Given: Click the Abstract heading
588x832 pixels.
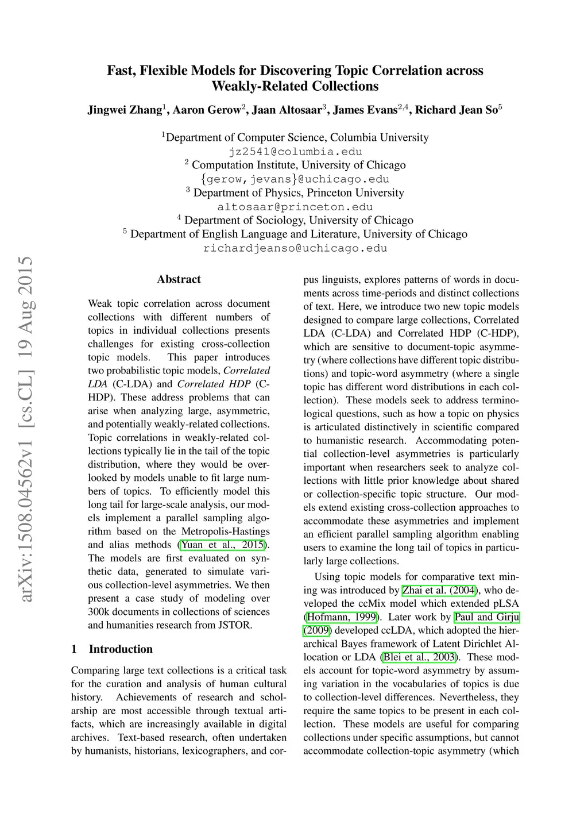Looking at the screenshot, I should (179, 279).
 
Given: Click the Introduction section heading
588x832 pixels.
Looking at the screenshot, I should (121, 649).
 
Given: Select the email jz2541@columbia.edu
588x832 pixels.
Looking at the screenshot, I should (295, 152).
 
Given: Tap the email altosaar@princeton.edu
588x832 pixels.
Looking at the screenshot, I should (295, 207).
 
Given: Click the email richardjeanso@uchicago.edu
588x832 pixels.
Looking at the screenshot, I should (295, 248).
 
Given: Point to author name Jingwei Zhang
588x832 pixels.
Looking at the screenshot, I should (125, 110).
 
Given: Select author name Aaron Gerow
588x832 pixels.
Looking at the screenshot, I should (207, 110).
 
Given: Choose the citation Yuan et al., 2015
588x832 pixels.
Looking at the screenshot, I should (222, 545).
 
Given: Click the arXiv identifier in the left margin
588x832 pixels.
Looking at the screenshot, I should (26, 429).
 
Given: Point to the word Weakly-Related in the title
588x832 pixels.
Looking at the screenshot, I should (254, 86).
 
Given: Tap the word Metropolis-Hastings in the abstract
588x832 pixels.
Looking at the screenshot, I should (225, 531).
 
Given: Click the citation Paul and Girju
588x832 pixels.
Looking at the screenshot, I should (486, 617).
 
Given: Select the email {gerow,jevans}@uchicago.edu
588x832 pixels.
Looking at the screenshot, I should (295, 179).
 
